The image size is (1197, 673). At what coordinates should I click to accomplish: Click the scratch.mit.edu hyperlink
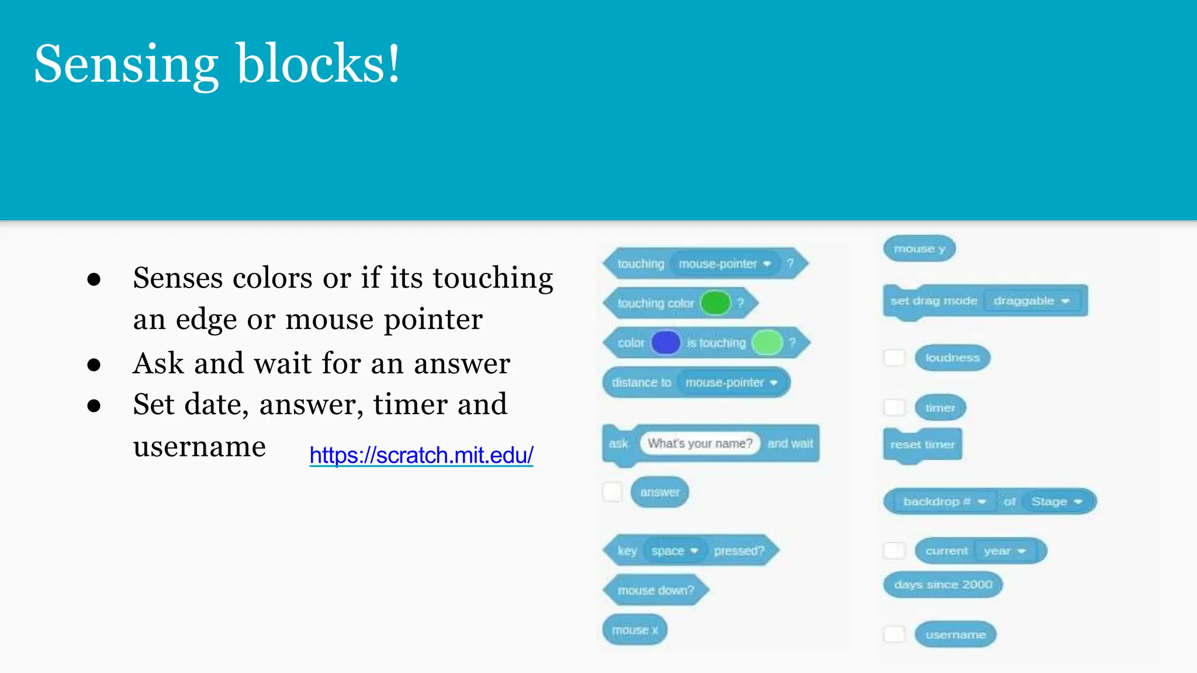421,455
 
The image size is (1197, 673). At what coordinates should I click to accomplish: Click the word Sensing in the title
126,64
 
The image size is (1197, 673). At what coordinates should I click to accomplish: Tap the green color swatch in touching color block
715,303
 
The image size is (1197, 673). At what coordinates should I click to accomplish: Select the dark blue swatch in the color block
666,343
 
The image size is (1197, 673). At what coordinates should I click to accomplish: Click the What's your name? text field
700,443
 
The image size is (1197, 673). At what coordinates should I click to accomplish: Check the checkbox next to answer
613,492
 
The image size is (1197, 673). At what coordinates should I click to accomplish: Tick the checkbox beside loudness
894,358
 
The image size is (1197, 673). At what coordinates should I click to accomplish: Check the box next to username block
894,634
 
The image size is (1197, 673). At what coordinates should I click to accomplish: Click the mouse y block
919,249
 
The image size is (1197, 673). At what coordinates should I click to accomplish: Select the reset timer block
922,445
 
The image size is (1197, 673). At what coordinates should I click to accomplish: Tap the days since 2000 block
943,585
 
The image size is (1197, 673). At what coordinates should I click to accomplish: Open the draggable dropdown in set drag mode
1032,301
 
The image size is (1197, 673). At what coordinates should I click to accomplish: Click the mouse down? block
656,590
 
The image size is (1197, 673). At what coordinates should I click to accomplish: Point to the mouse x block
635,630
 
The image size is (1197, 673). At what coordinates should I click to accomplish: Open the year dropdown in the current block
1005,551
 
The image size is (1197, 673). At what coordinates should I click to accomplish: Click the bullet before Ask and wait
94,365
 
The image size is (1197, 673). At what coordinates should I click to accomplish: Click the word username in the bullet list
199,447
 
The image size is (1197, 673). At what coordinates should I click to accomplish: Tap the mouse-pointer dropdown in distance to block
731,383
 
